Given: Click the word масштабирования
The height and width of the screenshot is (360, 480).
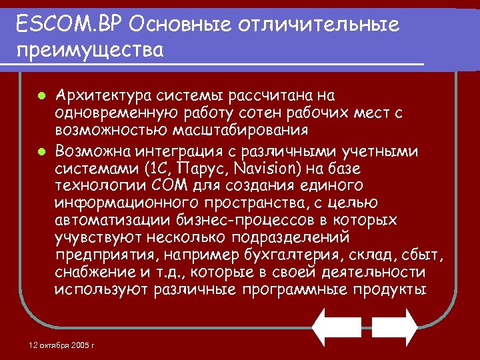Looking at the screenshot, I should pos(241,130).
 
